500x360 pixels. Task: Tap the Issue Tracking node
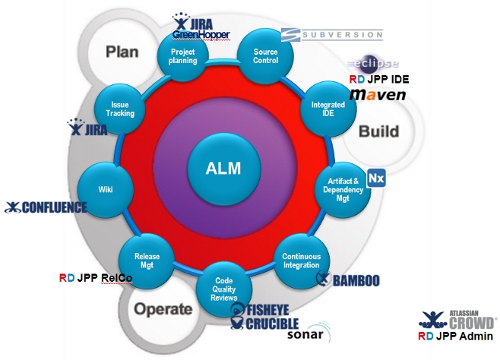click(x=122, y=109)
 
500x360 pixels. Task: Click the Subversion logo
click(x=331, y=34)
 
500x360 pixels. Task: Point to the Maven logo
click(x=378, y=94)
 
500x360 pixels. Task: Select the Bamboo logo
click(x=348, y=280)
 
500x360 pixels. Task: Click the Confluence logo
click(x=46, y=207)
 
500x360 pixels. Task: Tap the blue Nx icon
click(x=376, y=178)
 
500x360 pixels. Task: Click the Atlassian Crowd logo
click(x=460, y=318)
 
